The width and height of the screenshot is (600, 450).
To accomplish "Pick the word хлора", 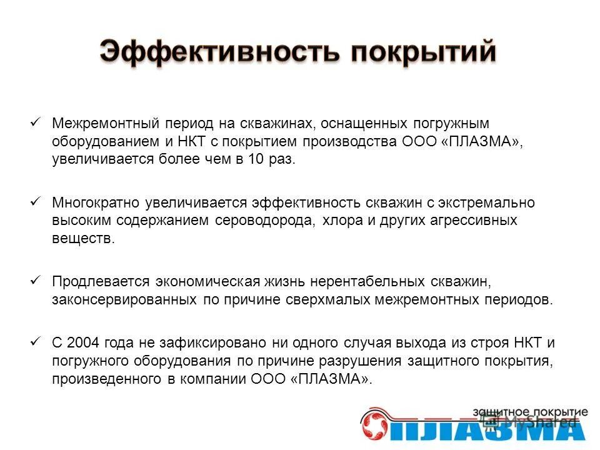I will pos(342,221).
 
